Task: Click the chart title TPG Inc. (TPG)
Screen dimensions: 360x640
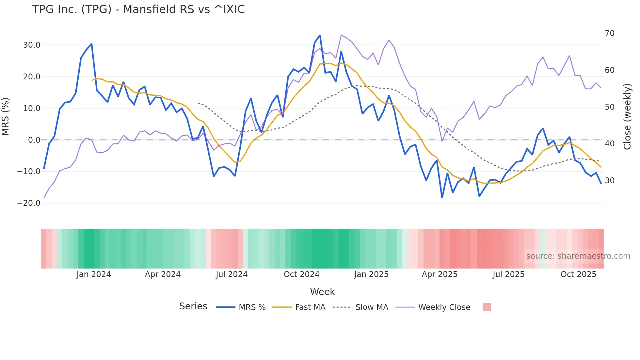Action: tap(138, 9)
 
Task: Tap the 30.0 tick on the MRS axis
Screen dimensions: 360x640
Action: tap(32, 45)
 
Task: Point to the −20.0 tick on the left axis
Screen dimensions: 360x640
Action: tap(29, 203)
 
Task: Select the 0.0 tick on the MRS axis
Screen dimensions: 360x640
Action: tap(34, 140)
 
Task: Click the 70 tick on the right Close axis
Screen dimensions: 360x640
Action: tap(610, 33)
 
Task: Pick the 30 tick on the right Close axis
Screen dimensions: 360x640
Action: tap(610, 181)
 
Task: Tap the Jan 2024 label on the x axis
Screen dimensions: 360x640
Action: tap(94, 274)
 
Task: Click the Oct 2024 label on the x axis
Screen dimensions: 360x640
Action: tap(301, 274)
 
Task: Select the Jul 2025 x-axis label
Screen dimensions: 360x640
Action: tap(508, 274)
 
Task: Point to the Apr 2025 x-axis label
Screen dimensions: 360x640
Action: tap(440, 274)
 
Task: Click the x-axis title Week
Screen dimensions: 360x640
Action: tap(322, 292)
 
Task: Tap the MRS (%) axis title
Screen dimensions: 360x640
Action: tap(6, 117)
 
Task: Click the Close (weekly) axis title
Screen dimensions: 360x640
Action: tap(627, 117)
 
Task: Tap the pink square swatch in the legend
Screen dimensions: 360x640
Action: tap(487, 307)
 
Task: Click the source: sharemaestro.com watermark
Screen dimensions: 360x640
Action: tap(578, 256)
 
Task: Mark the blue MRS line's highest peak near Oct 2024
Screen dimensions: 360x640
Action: tap(320, 36)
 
